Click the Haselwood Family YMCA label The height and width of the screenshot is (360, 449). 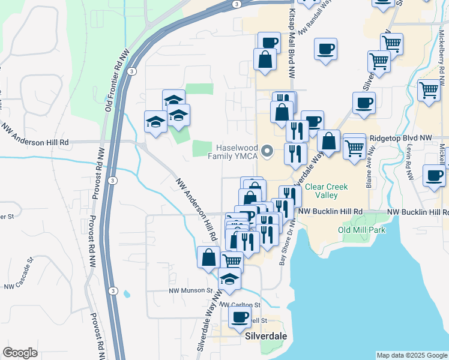232,152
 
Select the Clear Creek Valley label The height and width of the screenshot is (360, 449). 326,191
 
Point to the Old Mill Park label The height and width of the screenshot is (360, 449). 361,230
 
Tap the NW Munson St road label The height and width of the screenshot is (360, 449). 190,290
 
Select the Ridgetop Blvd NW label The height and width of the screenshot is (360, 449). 405,138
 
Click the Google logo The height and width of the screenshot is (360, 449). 20,353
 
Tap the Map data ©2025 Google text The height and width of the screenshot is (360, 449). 411,355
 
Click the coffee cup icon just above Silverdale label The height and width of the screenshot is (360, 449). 240,317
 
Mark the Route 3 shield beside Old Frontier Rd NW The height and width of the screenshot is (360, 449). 131,71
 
